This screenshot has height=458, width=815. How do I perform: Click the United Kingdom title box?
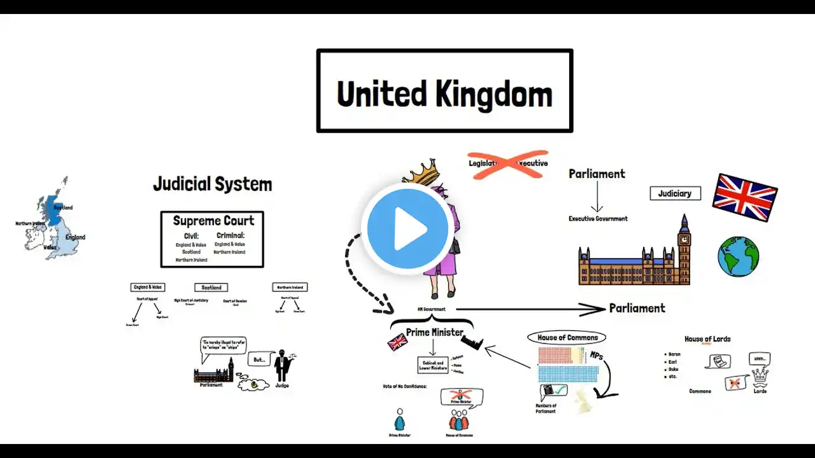[x=444, y=91]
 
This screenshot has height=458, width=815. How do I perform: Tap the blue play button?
[x=407, y=228]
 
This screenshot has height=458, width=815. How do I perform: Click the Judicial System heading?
[x=212, y=184]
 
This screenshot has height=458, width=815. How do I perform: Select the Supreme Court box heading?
[x=213, y=221]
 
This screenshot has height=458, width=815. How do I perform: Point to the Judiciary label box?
[x=675, y=193]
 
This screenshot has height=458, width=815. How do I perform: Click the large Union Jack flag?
[x=744, y=197]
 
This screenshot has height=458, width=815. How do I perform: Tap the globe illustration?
[x=738, y=256]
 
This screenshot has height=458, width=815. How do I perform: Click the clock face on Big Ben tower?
[x=684, y=240]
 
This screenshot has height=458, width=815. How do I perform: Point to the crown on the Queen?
[x=417, y=172]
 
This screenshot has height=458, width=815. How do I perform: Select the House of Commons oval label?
[x=567, y=338]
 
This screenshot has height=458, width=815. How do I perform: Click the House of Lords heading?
[x=707, y=339]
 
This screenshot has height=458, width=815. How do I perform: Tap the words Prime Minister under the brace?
[x=435, y=332]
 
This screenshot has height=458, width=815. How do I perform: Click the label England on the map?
[x=75, y=237]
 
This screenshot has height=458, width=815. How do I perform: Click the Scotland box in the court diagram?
[x=211, y=288]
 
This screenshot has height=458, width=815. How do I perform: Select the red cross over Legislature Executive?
[x=507, y=163]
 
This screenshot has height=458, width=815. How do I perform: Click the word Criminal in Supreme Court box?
[x=230, y=235]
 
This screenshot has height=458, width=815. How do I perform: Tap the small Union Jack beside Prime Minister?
[x=397, y=342]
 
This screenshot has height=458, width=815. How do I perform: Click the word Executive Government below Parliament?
[x=598, y=219]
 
